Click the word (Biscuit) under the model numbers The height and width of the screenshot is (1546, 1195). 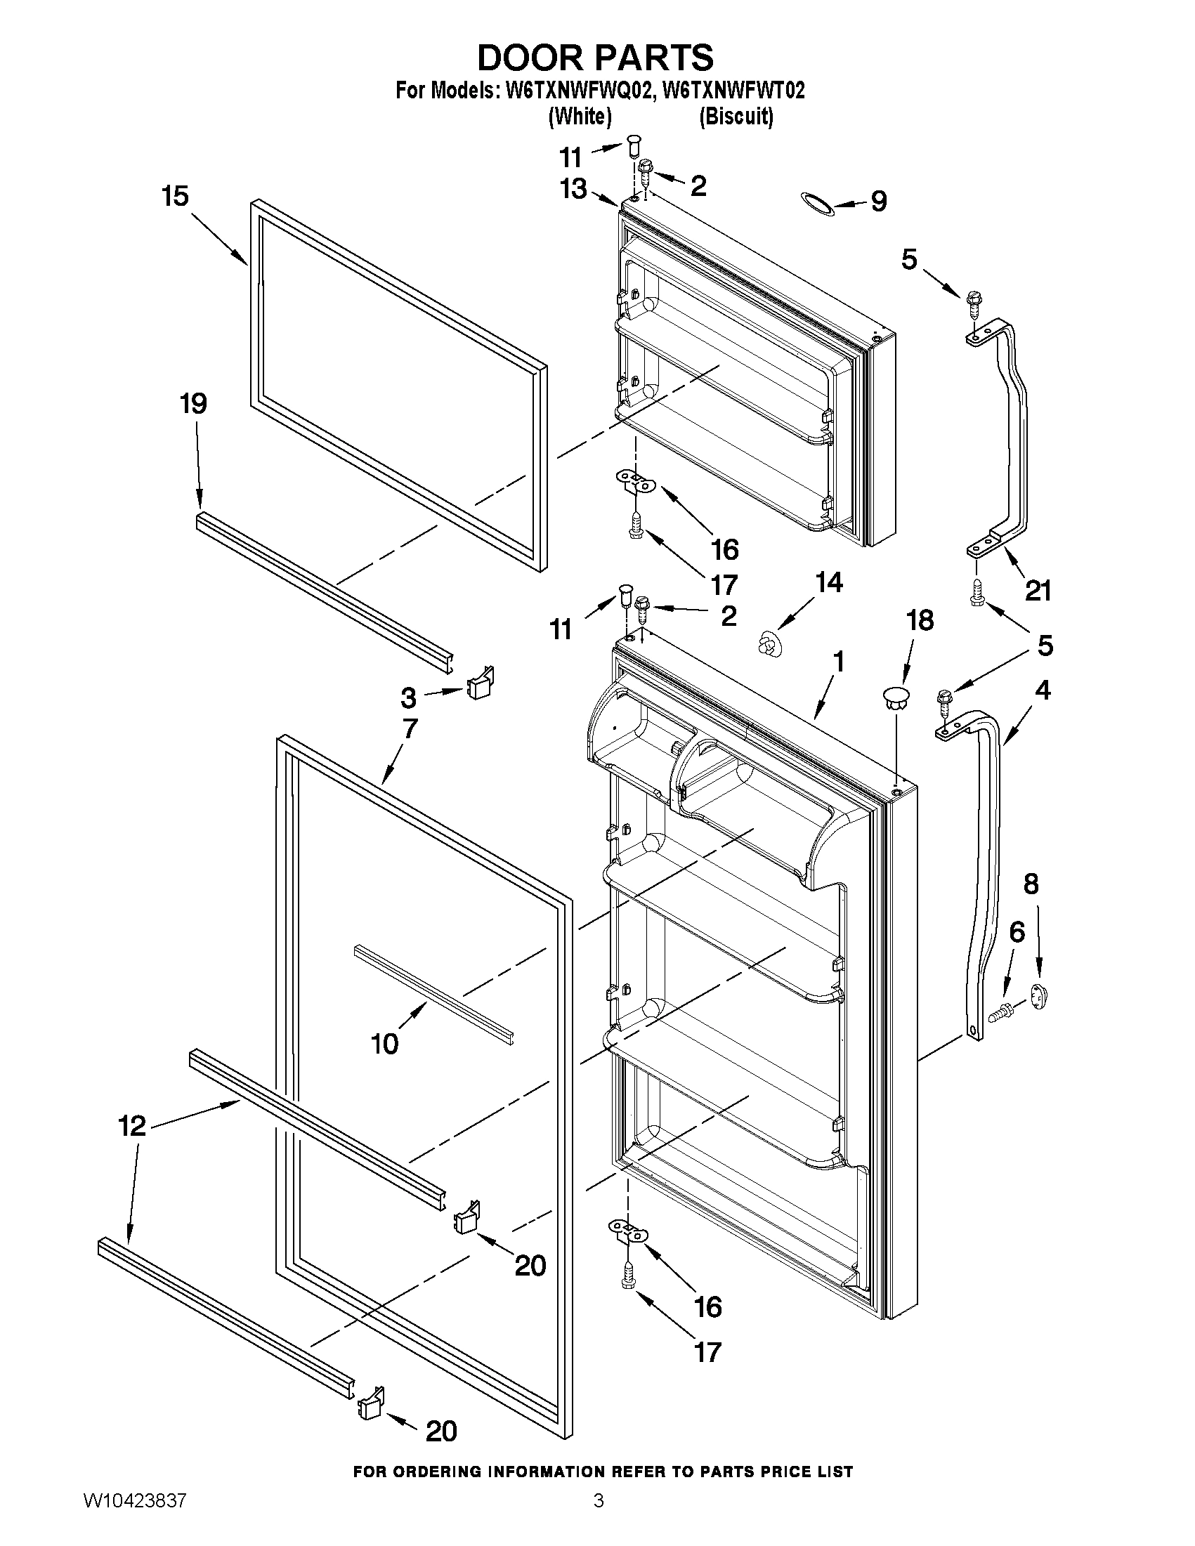(736, 117)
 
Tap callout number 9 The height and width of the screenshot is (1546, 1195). (878, 201)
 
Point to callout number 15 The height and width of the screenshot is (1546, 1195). (175, 196)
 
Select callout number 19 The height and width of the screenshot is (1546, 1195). (193, 404)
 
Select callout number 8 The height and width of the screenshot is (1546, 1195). (1031, 884)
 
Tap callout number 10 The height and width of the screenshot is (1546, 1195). (385, 1044)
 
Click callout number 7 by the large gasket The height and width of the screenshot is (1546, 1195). (410, 728)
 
